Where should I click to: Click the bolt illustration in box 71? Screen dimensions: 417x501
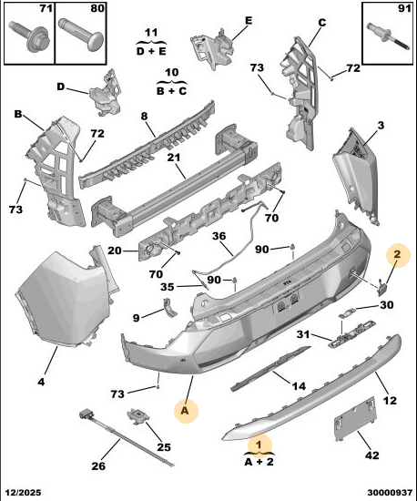(29, 36)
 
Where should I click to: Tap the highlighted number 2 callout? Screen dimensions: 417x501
(398, 255)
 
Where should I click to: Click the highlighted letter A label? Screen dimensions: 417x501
(185, 411)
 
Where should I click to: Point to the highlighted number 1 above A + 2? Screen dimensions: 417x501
(259, 445)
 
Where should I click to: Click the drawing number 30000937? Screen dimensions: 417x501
(390, 493)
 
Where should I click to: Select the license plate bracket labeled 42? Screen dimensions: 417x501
(355, 418)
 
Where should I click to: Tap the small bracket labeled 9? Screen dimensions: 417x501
(170, 307)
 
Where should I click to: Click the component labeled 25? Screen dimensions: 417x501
(138, 416)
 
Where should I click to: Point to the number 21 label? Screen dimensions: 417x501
(173, 158)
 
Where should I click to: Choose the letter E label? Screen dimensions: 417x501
(249, 21)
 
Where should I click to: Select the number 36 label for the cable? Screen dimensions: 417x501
(219, 236)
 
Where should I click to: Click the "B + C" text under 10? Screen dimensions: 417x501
(171, 91)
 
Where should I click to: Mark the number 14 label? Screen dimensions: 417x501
(299, 386)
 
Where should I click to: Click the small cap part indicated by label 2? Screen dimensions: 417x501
(381, 286)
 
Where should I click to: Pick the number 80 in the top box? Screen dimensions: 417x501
(97, 8)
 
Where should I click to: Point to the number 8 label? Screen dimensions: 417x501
(145, 116)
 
